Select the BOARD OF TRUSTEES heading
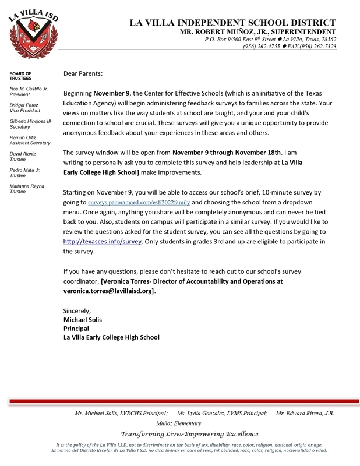(x=21, y=76)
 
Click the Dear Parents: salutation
(x=83, y=74)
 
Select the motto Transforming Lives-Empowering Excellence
(x=189, y=434)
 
